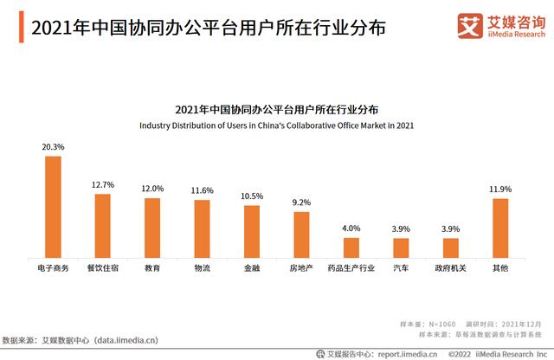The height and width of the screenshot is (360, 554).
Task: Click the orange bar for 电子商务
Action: coord(54,207)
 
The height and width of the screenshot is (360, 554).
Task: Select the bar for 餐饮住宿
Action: coord(103,226)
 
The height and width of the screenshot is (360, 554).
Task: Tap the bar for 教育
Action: coord(152,228)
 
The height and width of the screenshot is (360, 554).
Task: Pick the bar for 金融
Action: coord(252,231)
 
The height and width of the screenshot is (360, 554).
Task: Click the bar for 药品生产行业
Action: coord(351,247)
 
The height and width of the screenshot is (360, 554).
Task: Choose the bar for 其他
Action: coord(500,228)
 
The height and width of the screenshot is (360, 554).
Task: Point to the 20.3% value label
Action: coord(54,148)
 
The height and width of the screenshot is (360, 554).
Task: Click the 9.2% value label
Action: coord(301,202)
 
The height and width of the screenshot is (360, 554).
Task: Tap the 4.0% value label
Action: coord(351,228)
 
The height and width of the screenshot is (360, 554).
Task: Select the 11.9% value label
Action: coord(500,190)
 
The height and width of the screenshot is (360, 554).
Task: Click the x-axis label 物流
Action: coord(202,269)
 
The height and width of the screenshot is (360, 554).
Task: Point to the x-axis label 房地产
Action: coord(301,269)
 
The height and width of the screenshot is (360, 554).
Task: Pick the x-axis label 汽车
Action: coord(401,269)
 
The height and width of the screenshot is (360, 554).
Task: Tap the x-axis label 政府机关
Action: coord(450,269)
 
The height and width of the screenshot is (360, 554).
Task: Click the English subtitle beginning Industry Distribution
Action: coord(277,125)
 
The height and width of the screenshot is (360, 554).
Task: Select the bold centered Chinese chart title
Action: coord(277,110)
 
